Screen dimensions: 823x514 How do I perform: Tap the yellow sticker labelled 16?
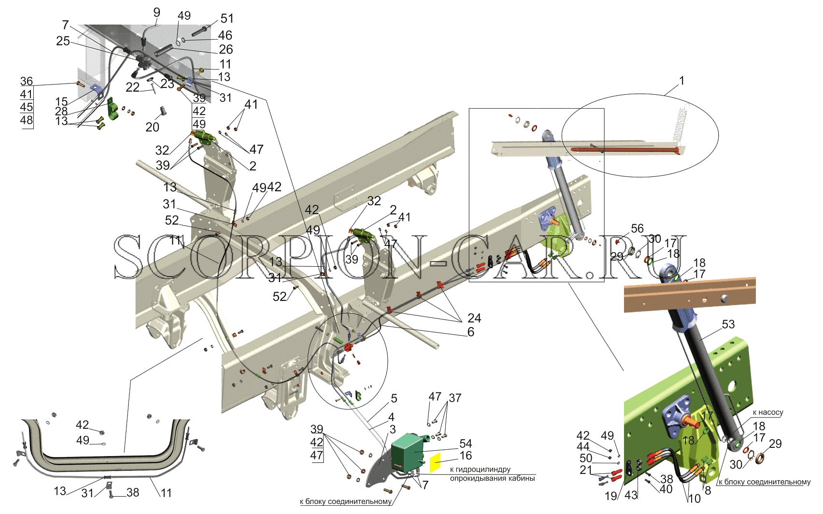[435, 463]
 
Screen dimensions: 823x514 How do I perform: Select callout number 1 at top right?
[682, 81]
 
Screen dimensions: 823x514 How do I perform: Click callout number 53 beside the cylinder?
[728, 324]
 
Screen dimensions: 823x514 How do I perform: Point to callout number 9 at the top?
[157, 12]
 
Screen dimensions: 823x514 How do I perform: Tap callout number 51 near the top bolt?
[227, 18]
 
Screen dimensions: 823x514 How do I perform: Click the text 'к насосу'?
[768, 412]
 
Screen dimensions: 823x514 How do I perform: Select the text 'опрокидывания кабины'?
[492, 478]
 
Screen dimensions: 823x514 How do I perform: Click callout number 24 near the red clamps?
[474, 318]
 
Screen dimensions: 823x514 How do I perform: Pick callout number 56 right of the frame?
[637, 228]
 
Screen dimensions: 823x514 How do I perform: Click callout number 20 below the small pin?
[152, 127]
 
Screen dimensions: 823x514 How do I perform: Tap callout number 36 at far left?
[27, 81]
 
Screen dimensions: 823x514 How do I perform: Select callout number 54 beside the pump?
[466, 443]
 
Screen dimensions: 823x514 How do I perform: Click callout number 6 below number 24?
[470, 332]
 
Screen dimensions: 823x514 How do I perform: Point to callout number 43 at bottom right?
[631, 495]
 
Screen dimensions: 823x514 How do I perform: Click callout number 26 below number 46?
[226, 49]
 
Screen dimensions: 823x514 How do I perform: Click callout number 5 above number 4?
[394, 398]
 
